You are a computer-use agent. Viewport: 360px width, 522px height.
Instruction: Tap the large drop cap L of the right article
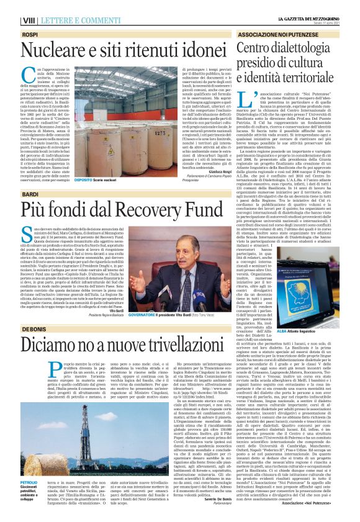[261, 99]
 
